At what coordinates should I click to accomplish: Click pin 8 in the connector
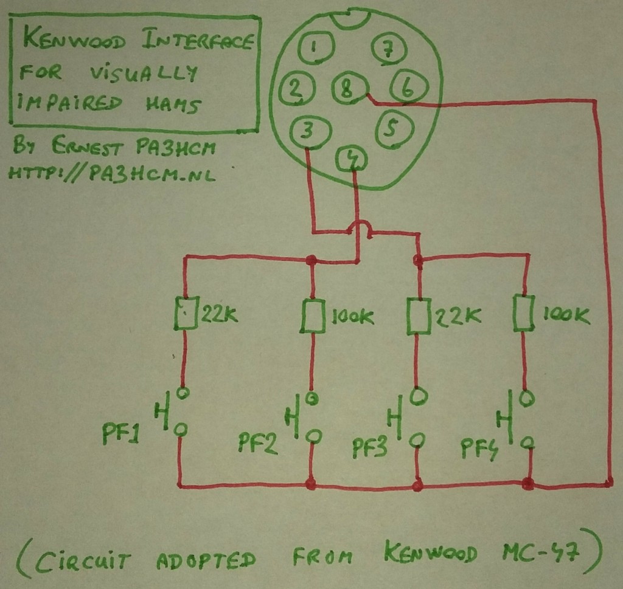[x=347, y=91]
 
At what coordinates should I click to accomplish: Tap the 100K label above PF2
[x=353, y=317]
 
